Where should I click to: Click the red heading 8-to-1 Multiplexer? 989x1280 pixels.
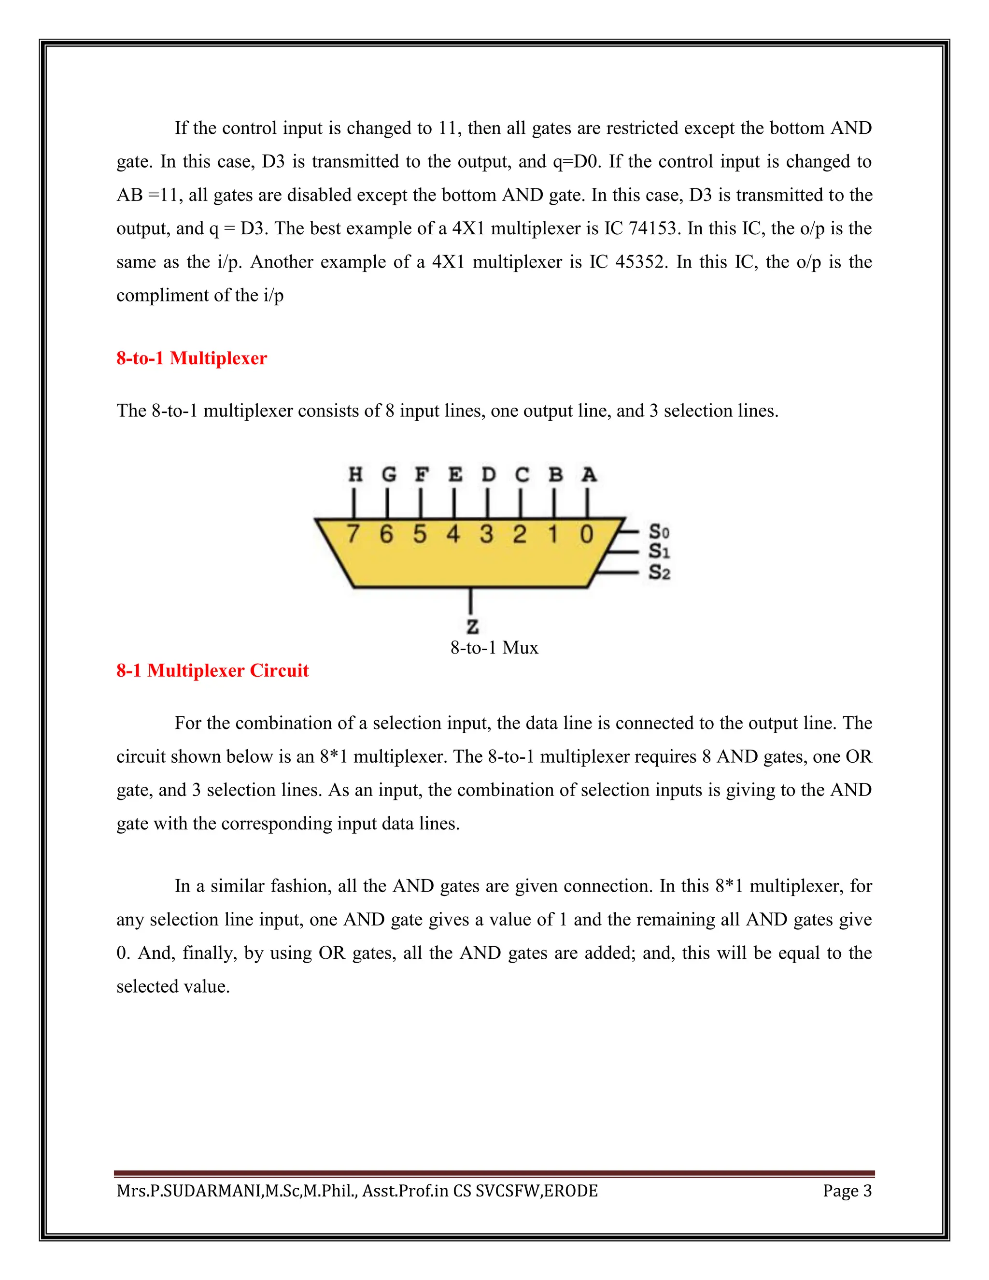point(192,358)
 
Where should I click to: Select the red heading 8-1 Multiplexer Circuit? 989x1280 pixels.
point(212,670)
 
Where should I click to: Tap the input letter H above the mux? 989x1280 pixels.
point(355,474)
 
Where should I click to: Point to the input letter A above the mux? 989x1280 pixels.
point(589,474)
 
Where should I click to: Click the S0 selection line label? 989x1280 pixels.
point(659,532)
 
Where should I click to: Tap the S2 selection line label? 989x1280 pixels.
point(659,572)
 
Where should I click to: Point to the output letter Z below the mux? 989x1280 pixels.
point(472,626)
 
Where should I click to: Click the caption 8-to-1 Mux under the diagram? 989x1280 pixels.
point(494,648)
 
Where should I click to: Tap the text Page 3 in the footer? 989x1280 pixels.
point(847,1192)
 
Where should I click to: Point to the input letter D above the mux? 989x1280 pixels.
point(488,474)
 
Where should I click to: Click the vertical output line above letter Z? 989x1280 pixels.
point(471,601)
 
